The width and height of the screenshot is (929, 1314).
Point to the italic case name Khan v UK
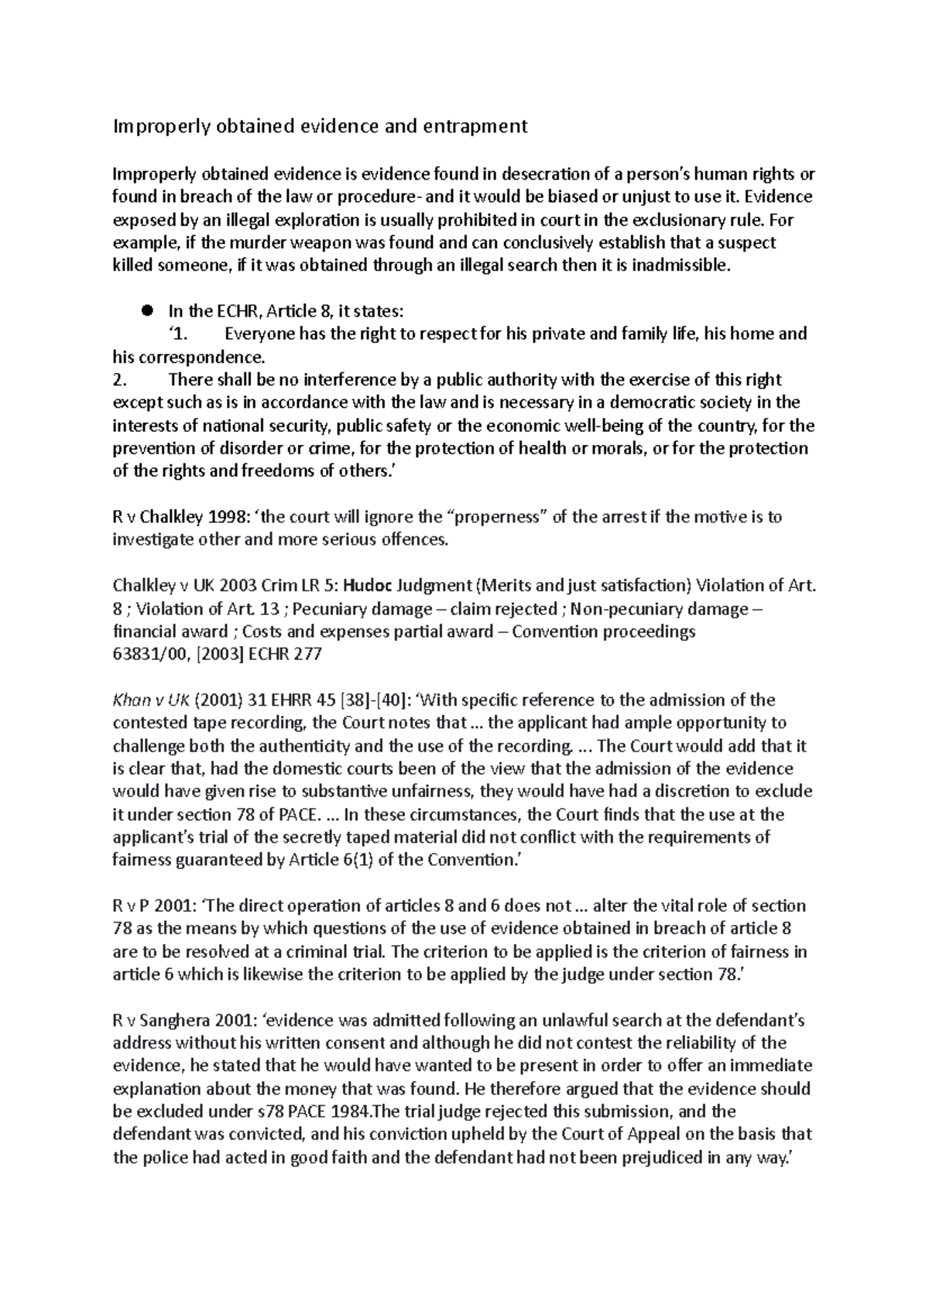[x=151, y=700]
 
